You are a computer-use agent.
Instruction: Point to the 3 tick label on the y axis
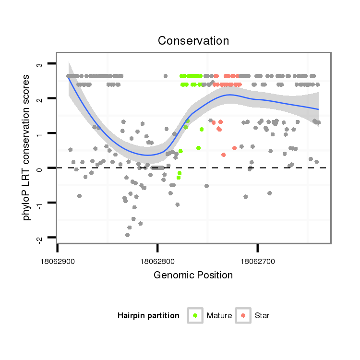click(x=40, y=64)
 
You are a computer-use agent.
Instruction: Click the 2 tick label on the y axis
click(x=40, y=98)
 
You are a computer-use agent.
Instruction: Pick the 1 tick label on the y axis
click(x=40, y=133)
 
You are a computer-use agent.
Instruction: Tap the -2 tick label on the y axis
click(x=40, y=239)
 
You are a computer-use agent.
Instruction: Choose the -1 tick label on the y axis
click(x=40, y=203)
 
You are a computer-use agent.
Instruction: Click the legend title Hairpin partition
click(x=149, y=316)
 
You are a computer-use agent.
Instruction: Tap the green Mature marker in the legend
click(x=195, y=315)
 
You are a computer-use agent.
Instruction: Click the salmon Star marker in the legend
click(x=243, y=315)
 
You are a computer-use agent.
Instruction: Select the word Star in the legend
click(x=263, y=316)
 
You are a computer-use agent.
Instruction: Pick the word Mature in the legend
click(x=219, y=316)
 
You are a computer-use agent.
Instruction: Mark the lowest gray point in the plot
click(x=127, y=235)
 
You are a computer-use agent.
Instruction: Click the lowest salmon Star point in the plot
click(x=224, y=155)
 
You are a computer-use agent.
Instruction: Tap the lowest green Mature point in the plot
click(x=178, y=177)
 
